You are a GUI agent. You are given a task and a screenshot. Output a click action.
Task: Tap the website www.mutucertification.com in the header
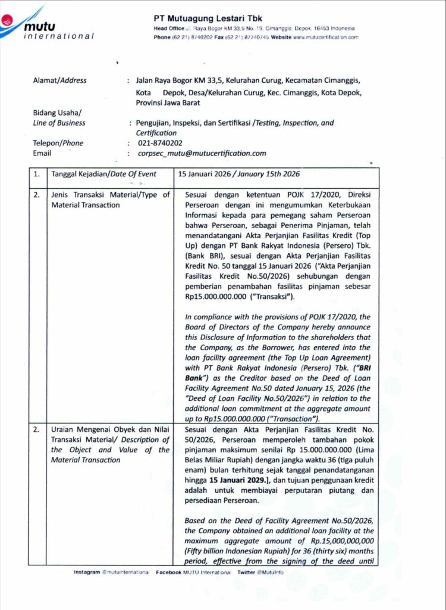[325, 37]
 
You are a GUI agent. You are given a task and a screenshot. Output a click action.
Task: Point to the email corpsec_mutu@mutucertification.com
[201, 153]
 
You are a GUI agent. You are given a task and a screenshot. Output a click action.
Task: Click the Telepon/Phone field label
[58, 143]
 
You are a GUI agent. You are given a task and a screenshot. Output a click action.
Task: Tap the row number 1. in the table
[37, 175]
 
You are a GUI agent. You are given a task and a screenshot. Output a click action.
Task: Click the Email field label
[42, 153]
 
